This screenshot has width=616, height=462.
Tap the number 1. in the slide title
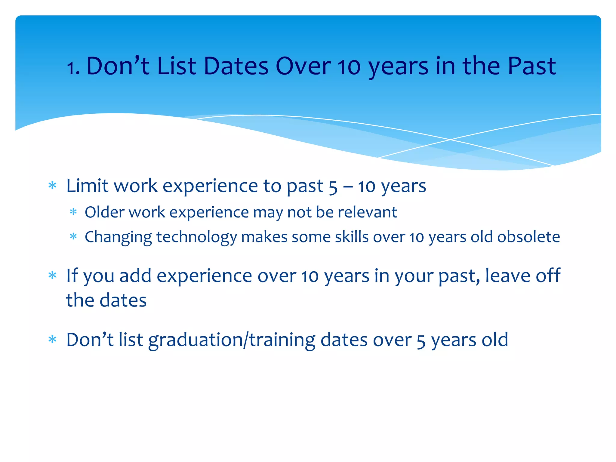coord(73,68)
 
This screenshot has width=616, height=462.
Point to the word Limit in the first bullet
coord(87,186)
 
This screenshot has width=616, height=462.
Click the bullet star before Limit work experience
coord(52,186)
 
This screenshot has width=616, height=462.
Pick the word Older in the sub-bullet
coord(104,212)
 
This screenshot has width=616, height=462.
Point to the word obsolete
coord(528,237)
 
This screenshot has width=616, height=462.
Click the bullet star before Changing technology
coord(73,237)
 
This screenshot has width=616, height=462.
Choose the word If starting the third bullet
coord(72,276)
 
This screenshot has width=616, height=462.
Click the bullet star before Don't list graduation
coord(52,340)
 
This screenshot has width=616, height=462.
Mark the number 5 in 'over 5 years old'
coord(421,341)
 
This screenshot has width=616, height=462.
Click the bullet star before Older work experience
coord(73,212)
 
